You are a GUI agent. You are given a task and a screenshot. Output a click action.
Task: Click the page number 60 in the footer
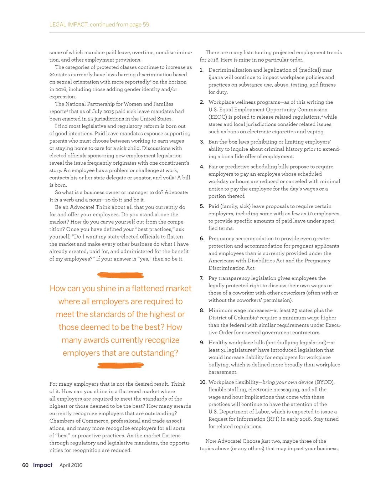25,465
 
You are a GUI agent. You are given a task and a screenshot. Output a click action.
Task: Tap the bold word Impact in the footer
43,465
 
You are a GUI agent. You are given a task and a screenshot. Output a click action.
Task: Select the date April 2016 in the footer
71,465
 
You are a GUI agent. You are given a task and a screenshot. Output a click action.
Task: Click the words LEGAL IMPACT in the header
68,25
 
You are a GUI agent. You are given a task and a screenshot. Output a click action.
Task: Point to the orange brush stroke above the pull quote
120,275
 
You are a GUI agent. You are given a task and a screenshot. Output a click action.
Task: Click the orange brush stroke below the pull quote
120,365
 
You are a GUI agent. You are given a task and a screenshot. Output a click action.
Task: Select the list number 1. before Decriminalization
201,70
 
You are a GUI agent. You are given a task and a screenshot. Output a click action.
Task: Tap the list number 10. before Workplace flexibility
203,382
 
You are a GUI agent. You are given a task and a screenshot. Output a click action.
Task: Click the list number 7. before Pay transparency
201,278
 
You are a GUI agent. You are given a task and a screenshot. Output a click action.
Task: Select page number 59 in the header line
146,25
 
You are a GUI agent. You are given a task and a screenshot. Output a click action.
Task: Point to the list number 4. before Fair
202,167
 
